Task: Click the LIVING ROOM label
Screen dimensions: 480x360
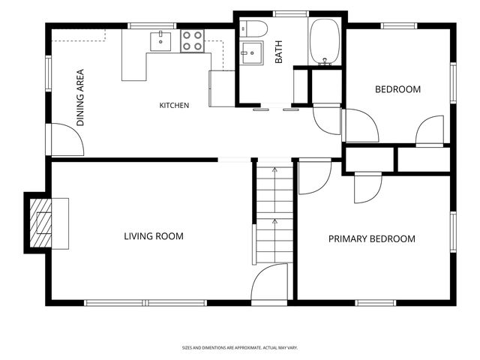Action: point(154,236)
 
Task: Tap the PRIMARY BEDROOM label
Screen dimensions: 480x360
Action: point(372,238)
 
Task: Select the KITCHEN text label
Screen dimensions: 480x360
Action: point(174,105)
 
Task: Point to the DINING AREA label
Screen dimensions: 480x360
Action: point(80,97)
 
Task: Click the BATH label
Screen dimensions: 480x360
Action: point(278,52)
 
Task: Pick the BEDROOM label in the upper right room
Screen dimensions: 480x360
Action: point(397,89)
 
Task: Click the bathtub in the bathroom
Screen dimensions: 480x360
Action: point(325,42)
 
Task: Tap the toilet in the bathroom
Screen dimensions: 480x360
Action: point(253,29)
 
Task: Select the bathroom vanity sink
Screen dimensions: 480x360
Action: point(251,53)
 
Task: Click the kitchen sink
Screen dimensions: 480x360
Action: point(160,41)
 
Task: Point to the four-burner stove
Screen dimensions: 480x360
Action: point(192,41)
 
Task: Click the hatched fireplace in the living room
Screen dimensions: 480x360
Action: point(40,223)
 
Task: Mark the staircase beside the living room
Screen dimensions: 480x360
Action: point(274,215)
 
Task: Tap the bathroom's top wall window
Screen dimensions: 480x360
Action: point(290,13)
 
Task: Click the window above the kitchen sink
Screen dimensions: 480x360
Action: point(152,25)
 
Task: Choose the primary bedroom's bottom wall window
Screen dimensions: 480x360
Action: point(376,303)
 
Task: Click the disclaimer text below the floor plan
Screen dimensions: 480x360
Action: point(240,348)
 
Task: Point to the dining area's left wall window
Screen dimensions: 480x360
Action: point(48,73)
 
